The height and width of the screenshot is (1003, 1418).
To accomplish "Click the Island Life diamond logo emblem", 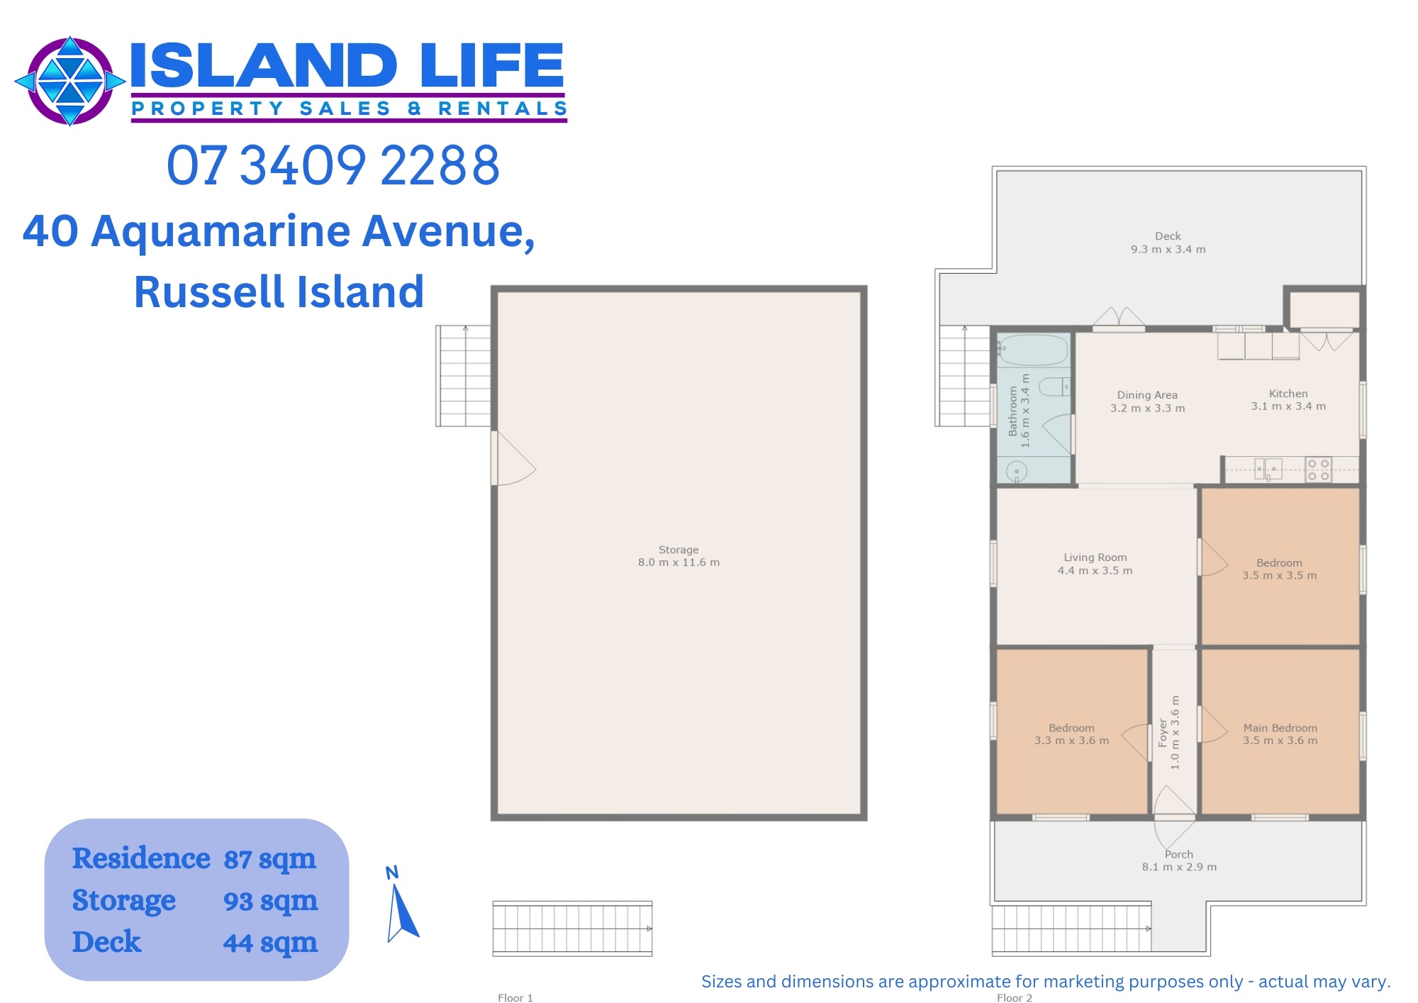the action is pyautogui.click(x=70, y=81).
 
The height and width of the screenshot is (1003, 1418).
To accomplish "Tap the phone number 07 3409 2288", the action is pyautogui.click(x=333, y=165).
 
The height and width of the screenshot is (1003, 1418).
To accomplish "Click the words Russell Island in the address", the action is pyautogui.click(x=279, y=292).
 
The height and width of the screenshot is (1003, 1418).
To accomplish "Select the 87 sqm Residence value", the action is pyautogui.click(x=270, y=859).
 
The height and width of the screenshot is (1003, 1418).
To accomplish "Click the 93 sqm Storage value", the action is pyautogui.click(x=270, y=901).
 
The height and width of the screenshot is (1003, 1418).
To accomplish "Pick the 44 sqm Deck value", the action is pyautogui.click(x=270, y=943).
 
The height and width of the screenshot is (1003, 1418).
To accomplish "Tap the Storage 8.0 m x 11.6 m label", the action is pyautogui.click(x=679, y=556).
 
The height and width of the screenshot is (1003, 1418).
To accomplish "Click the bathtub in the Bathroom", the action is pyautogui.click(x=1034, y=350).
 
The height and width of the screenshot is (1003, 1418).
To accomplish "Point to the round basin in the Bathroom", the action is pyautogui.click(x=1017, y=471).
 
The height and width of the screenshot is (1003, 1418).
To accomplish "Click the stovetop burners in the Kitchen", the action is pyautogui.click(x=1318, y=470).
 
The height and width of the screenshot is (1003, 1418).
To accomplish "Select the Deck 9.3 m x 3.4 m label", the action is pyautogui.click(x=1168, y=243).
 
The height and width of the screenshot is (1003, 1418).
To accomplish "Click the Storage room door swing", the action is pyautogui.click(x=514, y=459).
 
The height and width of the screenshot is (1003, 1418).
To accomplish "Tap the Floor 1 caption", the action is pyautogui.click(x=515, y=998).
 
